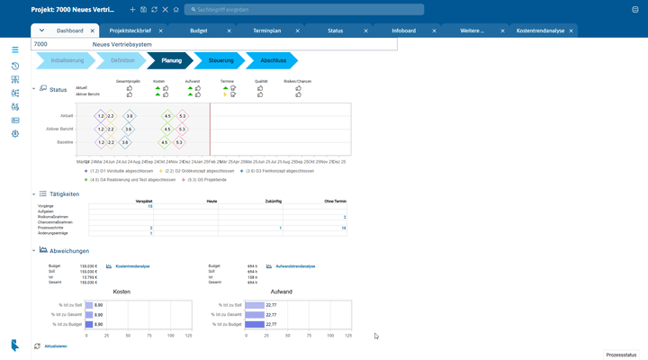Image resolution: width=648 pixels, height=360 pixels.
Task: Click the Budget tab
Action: click(199, 31)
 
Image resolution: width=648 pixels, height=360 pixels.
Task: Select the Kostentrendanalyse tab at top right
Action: click(541, 31)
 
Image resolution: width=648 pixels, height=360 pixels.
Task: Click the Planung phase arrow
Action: click(170, 60)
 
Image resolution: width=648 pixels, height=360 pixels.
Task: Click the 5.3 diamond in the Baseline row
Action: click(182, 142)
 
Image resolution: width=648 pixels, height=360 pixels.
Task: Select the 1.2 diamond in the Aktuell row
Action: click(101, 116)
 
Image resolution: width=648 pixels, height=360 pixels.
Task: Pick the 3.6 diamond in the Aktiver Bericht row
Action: click(130, 130)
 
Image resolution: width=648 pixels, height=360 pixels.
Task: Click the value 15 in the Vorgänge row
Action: click(150, 206)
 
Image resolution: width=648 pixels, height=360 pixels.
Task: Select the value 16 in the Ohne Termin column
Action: click(344, 229)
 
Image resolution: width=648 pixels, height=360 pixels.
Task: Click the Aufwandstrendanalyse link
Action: click(294, 266)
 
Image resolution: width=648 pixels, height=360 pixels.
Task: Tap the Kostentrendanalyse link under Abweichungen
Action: click(132, 266)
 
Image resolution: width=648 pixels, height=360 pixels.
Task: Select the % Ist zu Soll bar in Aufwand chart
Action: click(255, 305)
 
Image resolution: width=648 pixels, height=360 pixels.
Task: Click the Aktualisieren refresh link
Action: click(54, 346)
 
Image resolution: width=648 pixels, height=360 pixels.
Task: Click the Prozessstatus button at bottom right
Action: click(622, 354)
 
